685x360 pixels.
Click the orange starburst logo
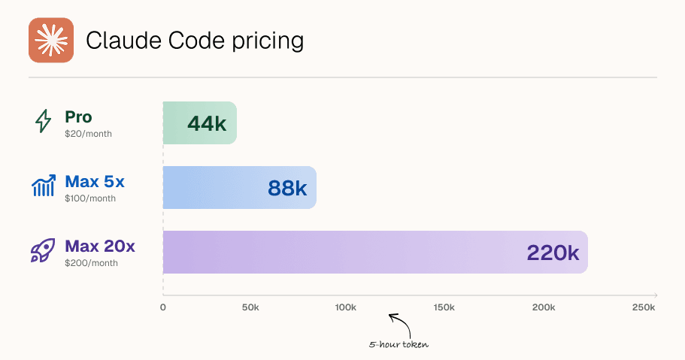(50, 40)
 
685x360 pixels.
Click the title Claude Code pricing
(195, 41)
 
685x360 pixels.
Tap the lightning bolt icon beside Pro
(44, 121)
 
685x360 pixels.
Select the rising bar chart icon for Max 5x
(44, 186)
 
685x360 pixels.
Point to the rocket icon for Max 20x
(44, 250)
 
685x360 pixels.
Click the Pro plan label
(78, 116)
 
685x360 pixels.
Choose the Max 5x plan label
(95, 181)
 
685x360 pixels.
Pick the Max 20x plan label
(100, 246)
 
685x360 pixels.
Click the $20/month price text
(88, 134)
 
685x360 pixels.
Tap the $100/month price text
(90, 198)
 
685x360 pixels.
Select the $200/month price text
(91, 263)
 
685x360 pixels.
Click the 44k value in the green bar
(207, 123)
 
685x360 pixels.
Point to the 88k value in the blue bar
(286, 188)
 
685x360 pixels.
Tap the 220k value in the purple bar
(553, 253)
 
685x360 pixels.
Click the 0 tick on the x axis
(163, 307)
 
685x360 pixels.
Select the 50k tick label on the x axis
(250, 307)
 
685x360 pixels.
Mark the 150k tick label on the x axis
(444, 307)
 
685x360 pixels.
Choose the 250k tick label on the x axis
(643, 307)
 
